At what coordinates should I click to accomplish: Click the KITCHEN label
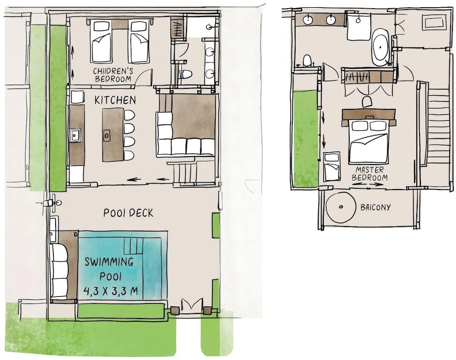point(115,100)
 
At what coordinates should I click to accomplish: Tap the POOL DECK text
point(128,213)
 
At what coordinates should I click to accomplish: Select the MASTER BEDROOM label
point(370,174)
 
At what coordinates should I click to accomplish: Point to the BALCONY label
point(375,207)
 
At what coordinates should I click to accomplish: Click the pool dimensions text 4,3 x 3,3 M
point(110,291)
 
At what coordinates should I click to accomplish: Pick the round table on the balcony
point(341,207)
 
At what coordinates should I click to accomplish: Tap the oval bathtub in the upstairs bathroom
point(380,46)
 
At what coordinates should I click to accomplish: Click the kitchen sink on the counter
point(75,135)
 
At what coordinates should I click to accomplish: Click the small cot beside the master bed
point(332,166)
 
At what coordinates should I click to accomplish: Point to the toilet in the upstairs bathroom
point(307,61)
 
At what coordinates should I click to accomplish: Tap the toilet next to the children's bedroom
point(186,75)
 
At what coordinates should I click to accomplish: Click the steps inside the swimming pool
point(134,246)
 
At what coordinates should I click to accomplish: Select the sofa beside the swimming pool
point(59,272)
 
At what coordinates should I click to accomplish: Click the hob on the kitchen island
point(107,135)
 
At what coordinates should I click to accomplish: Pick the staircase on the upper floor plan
point(439,136)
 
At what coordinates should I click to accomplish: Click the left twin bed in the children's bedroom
point(101,41)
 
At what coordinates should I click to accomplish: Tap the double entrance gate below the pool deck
point(192,304)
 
